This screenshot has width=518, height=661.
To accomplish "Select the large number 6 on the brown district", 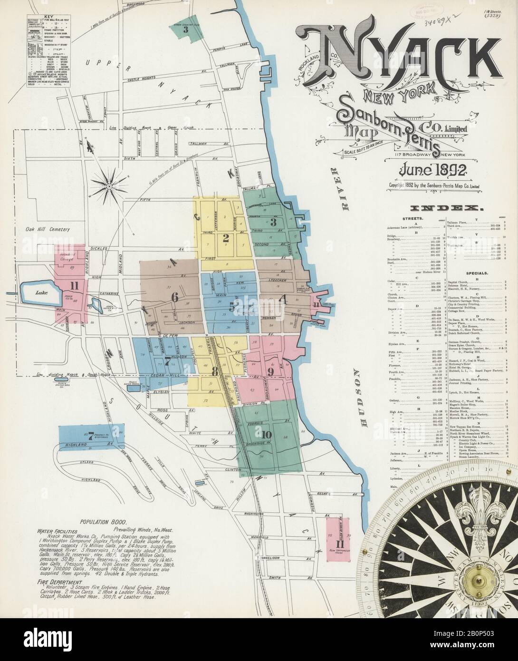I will pyautogui.click(x=174, y=298).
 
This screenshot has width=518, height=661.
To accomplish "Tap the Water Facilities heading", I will pyautogui.click(x=60, y=529).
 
